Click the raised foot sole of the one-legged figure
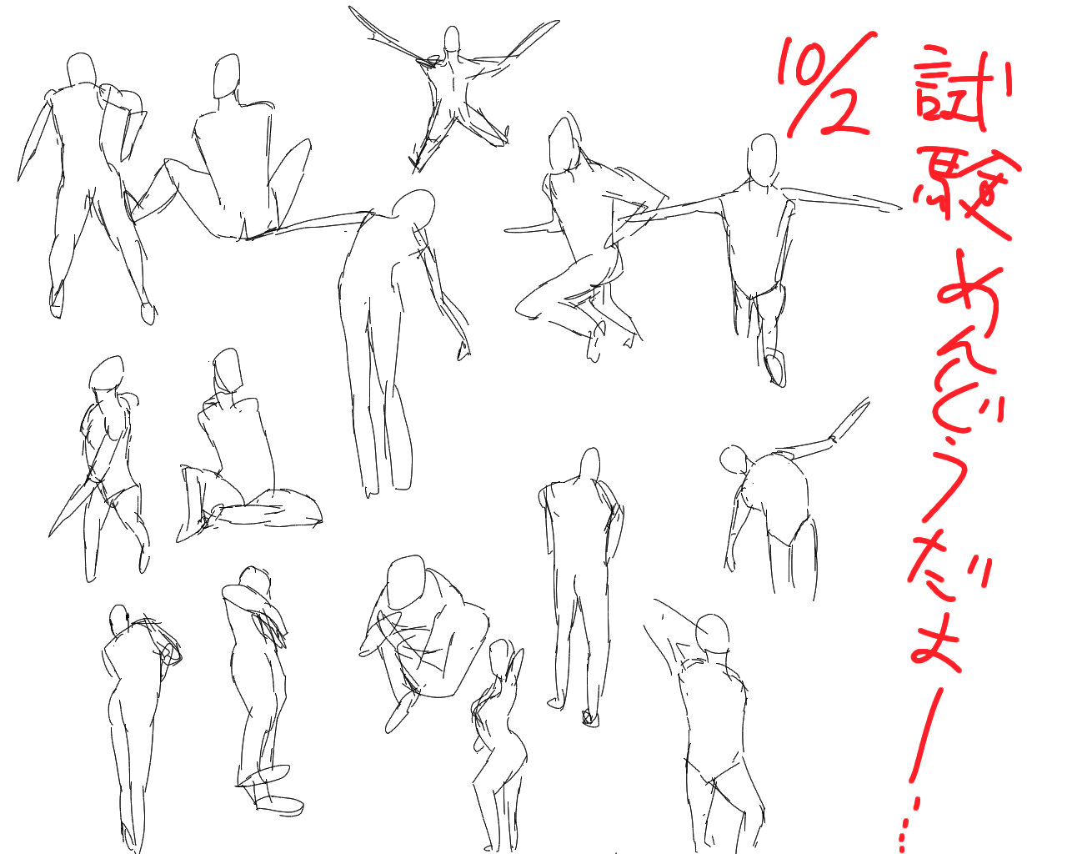775,368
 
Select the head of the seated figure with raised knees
227,77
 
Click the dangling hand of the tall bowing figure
463,349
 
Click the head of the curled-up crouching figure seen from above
406,581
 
